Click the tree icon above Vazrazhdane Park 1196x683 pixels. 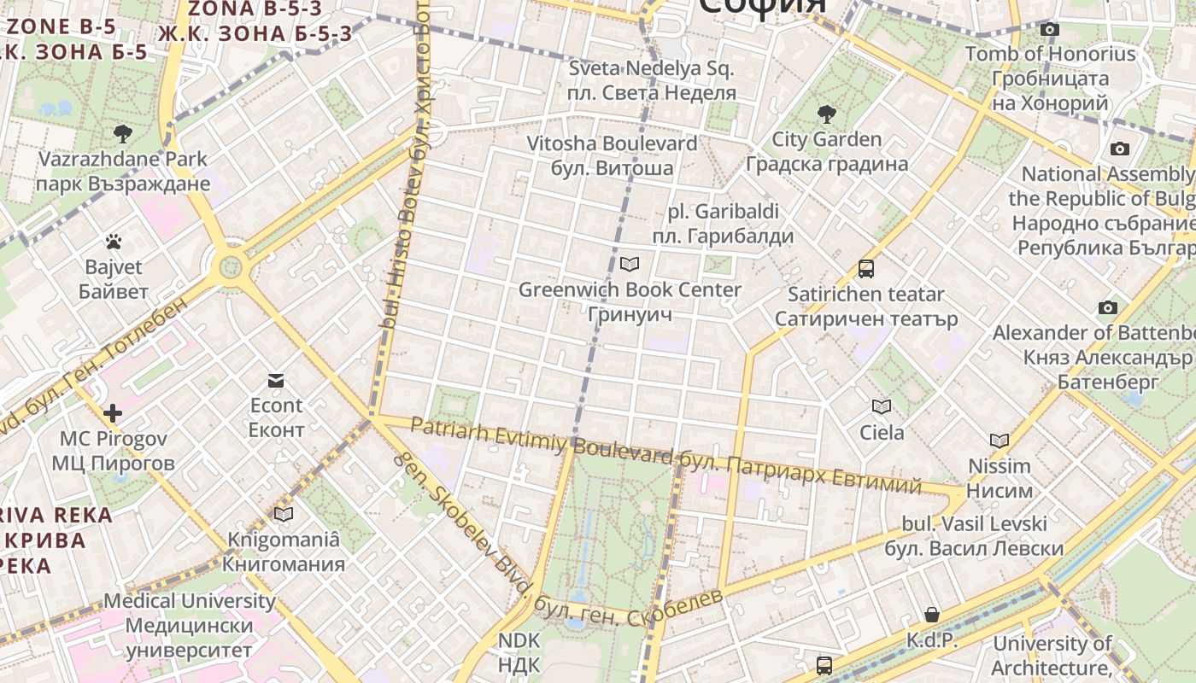pos(123,133)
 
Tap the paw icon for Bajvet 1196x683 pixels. pos(113,242)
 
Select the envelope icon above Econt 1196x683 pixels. pos(276,380)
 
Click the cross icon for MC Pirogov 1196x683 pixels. pos(113,414)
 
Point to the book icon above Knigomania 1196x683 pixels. pos(284,514)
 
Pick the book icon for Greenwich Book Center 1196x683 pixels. pos(630,265)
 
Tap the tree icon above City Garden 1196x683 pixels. pos(826,114)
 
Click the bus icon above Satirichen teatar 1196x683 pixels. pos(866,269)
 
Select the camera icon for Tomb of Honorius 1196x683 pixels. pos(1050,30)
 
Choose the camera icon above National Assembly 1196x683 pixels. pos(1119,149)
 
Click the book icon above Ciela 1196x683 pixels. pos(882,406)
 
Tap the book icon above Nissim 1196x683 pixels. pos(1000,441)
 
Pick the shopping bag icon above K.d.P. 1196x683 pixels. pos(932,615)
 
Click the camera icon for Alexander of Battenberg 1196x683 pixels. pos(1108,307)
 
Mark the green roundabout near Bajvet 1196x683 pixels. pos(231,267)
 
